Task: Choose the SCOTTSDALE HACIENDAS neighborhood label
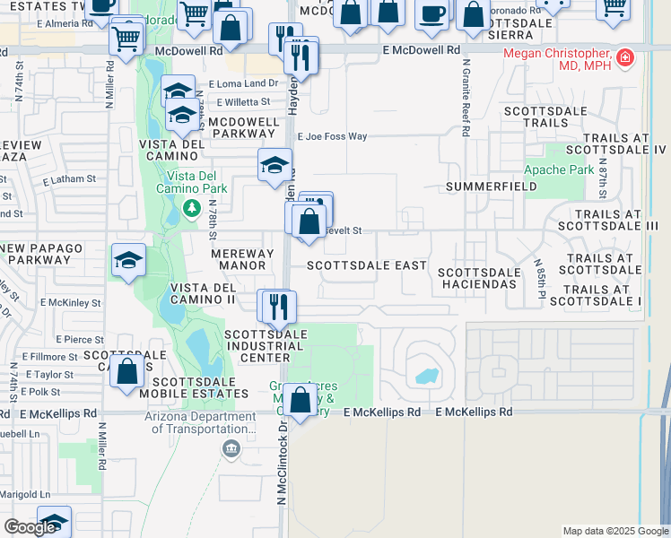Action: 476,278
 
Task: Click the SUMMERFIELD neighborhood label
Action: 491,187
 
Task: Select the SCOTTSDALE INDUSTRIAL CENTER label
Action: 266,347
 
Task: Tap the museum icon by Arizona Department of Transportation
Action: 232,448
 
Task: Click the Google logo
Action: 30,527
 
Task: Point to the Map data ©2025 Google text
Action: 614,531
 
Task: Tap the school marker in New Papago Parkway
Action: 128,260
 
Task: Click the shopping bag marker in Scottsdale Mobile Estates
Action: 126,369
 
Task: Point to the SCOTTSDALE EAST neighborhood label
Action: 367,265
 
